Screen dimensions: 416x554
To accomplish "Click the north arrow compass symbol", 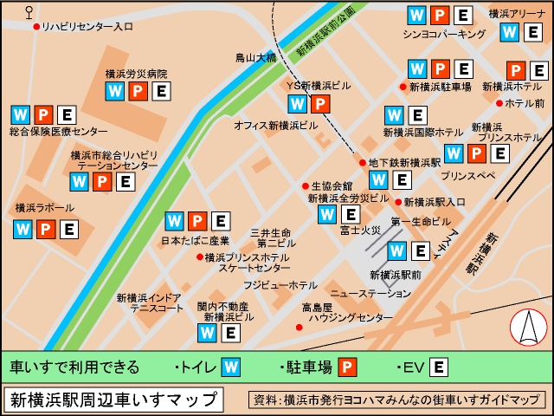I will tap(528, 328).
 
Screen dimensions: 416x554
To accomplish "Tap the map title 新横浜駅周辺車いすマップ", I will tap(113, 400).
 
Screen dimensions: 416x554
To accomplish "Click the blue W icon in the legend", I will tap(231, 367).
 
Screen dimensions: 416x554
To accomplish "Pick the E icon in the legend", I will tap(439, 367).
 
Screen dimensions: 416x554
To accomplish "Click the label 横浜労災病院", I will tap(136, 75).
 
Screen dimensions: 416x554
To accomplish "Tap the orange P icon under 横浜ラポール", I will tap(46, 230).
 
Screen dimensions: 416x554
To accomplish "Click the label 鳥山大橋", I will tap(255, 58).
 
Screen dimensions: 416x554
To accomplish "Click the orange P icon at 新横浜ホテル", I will tap(516, 70).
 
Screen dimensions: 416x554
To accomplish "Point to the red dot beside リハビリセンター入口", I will tap(36, 27).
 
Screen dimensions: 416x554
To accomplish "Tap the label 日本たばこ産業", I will tap(196, 240).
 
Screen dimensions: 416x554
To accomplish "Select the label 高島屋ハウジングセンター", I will tap(339, 313).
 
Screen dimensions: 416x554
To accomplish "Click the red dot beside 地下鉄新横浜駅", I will tap(363, 162).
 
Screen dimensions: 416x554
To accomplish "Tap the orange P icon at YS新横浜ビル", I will tap(319, 104).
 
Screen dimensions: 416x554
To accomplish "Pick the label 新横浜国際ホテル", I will tap(423, 133).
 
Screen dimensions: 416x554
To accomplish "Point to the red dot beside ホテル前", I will tap(499, 103).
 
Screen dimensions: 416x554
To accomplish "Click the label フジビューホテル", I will tap(280, 285).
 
